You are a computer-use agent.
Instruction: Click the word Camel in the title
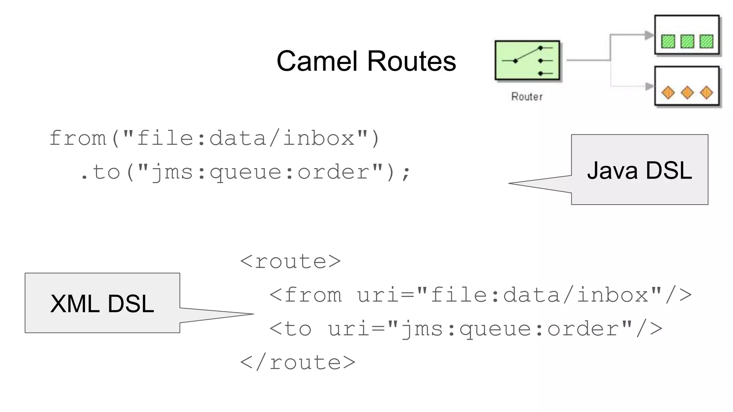(317, 61)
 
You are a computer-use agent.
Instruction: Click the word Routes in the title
(412, 61)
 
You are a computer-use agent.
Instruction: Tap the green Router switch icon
(527, 60)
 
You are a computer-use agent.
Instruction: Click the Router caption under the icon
(527, 97)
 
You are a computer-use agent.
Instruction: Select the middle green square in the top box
(687, 41)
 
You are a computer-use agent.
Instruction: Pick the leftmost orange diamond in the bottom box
(668, 93)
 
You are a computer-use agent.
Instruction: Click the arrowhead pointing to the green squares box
(649, 35)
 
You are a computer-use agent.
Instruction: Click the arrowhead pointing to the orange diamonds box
(649, 87)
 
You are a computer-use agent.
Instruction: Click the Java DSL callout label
(640, 170)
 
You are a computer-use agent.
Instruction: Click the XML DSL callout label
(102, 304)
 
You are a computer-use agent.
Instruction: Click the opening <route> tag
(290, 261)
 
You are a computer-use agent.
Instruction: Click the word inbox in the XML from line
(613, 295)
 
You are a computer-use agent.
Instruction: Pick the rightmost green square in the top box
(706, 41)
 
